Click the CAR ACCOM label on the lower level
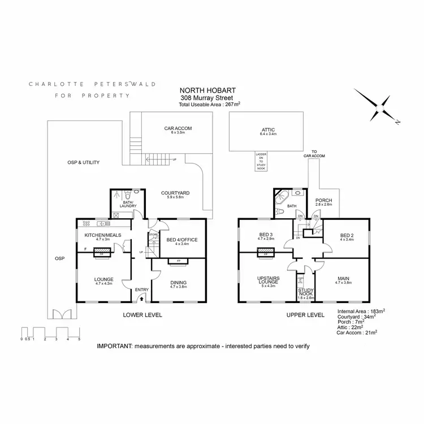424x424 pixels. click(178, 129)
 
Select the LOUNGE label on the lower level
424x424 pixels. click(104, 279)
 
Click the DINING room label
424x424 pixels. click(178, 283)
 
